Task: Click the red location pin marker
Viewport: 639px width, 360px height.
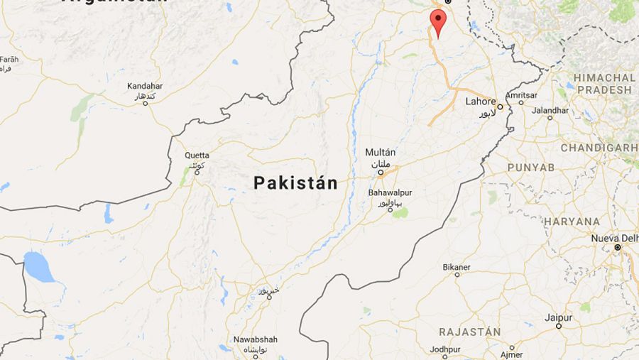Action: coord(439,21)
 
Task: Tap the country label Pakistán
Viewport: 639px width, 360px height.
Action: coord(295,183)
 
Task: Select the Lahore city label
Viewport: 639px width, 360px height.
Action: coord(481,102)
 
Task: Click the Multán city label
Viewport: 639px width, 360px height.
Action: coord(380,153)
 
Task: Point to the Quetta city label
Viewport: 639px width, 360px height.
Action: coord(197,155)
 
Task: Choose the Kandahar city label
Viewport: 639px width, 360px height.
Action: coord(145,86)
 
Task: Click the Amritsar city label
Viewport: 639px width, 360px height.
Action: coord(522,94)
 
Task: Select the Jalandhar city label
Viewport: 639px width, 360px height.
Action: coord(550,110)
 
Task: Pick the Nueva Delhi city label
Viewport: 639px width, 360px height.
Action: coord(614,238)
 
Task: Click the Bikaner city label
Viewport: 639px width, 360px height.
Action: coord(457,266)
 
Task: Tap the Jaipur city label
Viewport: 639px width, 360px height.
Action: coord(558,317)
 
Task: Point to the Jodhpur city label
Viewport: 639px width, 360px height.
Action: coord(445,349)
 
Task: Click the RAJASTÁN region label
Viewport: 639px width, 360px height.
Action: coord(469,332)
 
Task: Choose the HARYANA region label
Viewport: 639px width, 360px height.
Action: coord(572,222)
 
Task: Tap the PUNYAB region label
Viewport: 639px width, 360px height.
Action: coord(530,167)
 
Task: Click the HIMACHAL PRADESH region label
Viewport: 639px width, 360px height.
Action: coord(604,84)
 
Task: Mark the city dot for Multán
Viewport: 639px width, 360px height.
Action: coord(381,172)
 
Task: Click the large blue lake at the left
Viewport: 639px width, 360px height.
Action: coord(39,267)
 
